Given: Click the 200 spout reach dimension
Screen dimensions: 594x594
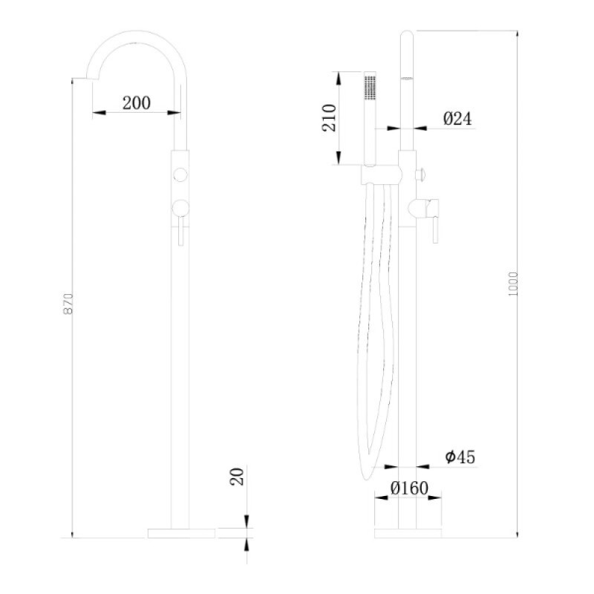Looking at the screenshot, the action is click(137, 103).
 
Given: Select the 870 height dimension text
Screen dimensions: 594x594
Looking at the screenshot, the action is click(68, 304).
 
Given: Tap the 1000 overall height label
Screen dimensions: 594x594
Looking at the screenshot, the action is click(512, 284).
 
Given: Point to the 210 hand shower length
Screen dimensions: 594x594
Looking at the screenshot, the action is click(329, 118).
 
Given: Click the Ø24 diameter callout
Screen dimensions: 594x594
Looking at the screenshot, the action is click(457, 119).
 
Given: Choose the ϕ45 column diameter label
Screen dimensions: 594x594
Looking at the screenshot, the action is click(460, 457).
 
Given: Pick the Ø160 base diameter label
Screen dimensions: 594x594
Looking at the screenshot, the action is click(409, 488).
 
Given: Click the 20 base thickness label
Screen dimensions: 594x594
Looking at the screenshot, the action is click(237, 477).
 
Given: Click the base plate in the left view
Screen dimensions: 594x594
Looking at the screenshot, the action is click(181, 533).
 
